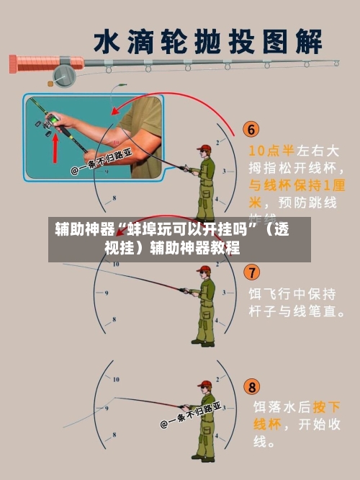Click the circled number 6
pyautogui.click(x=251, y=130)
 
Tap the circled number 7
pyautogui.click(x=252, y=272)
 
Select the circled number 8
pyautogui.click(x=252, y=386)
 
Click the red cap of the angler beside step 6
pyautogui.click(x=204, y=148)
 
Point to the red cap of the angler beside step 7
pyautogui.click(x=204, y=269)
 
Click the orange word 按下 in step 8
pyautogui.click(x=327, y=406)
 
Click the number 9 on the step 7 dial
pyautogui.click(x=107, y=293)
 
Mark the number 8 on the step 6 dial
pyautogui.click(x=114, y=197)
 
